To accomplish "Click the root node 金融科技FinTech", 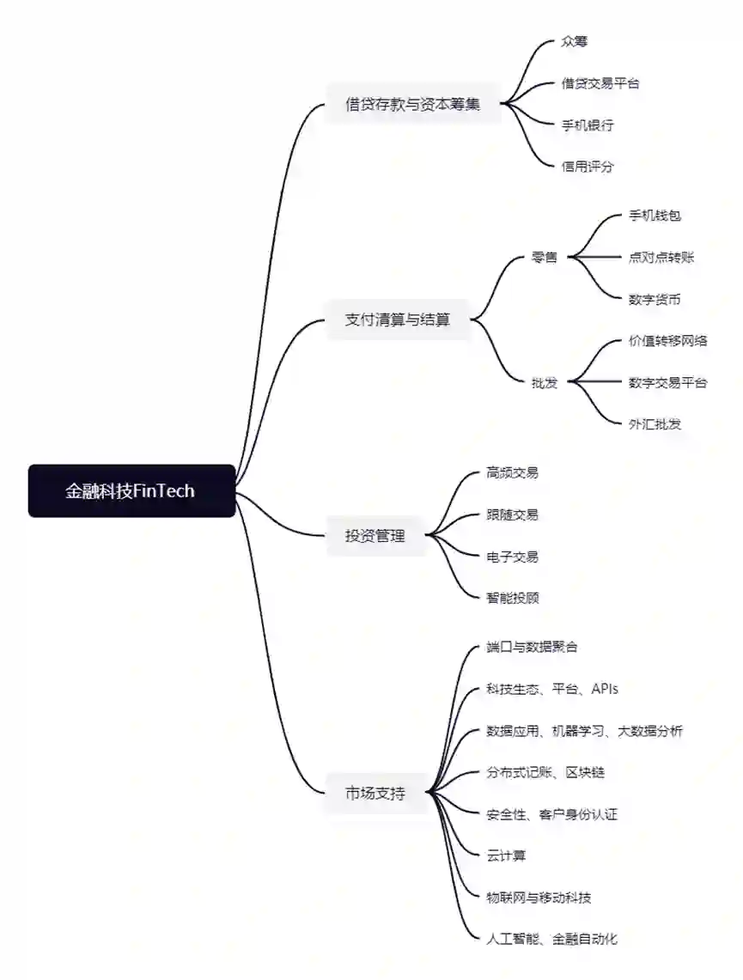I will (x=131, y=491).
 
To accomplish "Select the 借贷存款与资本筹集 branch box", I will (x=412, y=105).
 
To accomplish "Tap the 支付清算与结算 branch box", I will (x=397, y=320).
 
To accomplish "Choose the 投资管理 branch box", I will (x=375, y=537).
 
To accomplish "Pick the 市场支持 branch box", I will (x=375, y=794).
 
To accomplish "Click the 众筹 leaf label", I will (x=574, y=41).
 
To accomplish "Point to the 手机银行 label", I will (x=588, y=125).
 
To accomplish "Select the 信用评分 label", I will (x=588, y=167).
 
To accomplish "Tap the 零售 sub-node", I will (x=545, y=257).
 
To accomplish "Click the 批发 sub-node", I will (x=545, y=382).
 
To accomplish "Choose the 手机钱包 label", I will (x=655, y=216).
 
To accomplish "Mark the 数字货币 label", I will (x=655, y=299).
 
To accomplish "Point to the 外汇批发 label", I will (x=655, y=423).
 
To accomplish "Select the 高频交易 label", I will (x=512, y=472).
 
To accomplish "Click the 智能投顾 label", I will (x=512, y=598).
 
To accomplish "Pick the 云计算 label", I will (x=506, y=855).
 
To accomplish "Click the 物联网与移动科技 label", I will (x=539, y=898).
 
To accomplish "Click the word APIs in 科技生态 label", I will (x=605, y=689).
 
